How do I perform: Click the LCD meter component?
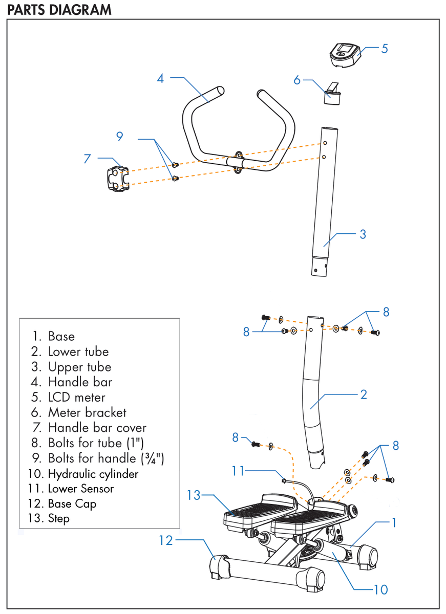coord(345,54)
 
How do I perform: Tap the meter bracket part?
coord(332,94)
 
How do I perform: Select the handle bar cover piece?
coord(117,178)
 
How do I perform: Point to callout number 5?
coord(385,49)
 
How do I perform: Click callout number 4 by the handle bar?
coord(160,79)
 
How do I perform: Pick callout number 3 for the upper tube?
coord(363,234)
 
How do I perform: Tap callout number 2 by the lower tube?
coord(364,394)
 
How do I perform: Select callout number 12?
coord(166,540)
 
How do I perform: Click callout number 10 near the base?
coord(380,589)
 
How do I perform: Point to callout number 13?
coord(193,495)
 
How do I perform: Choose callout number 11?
coord(238,470)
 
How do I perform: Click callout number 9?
coord(120,136)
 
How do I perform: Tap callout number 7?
coord(87,158)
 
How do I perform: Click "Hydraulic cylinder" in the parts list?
coord(93,474)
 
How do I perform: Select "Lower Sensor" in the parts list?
coord(81,489)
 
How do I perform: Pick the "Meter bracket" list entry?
coord(87,412)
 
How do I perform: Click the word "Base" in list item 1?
coord(61,337)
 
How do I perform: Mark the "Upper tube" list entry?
coord(79,367)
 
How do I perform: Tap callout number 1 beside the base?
coord(394,522)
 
